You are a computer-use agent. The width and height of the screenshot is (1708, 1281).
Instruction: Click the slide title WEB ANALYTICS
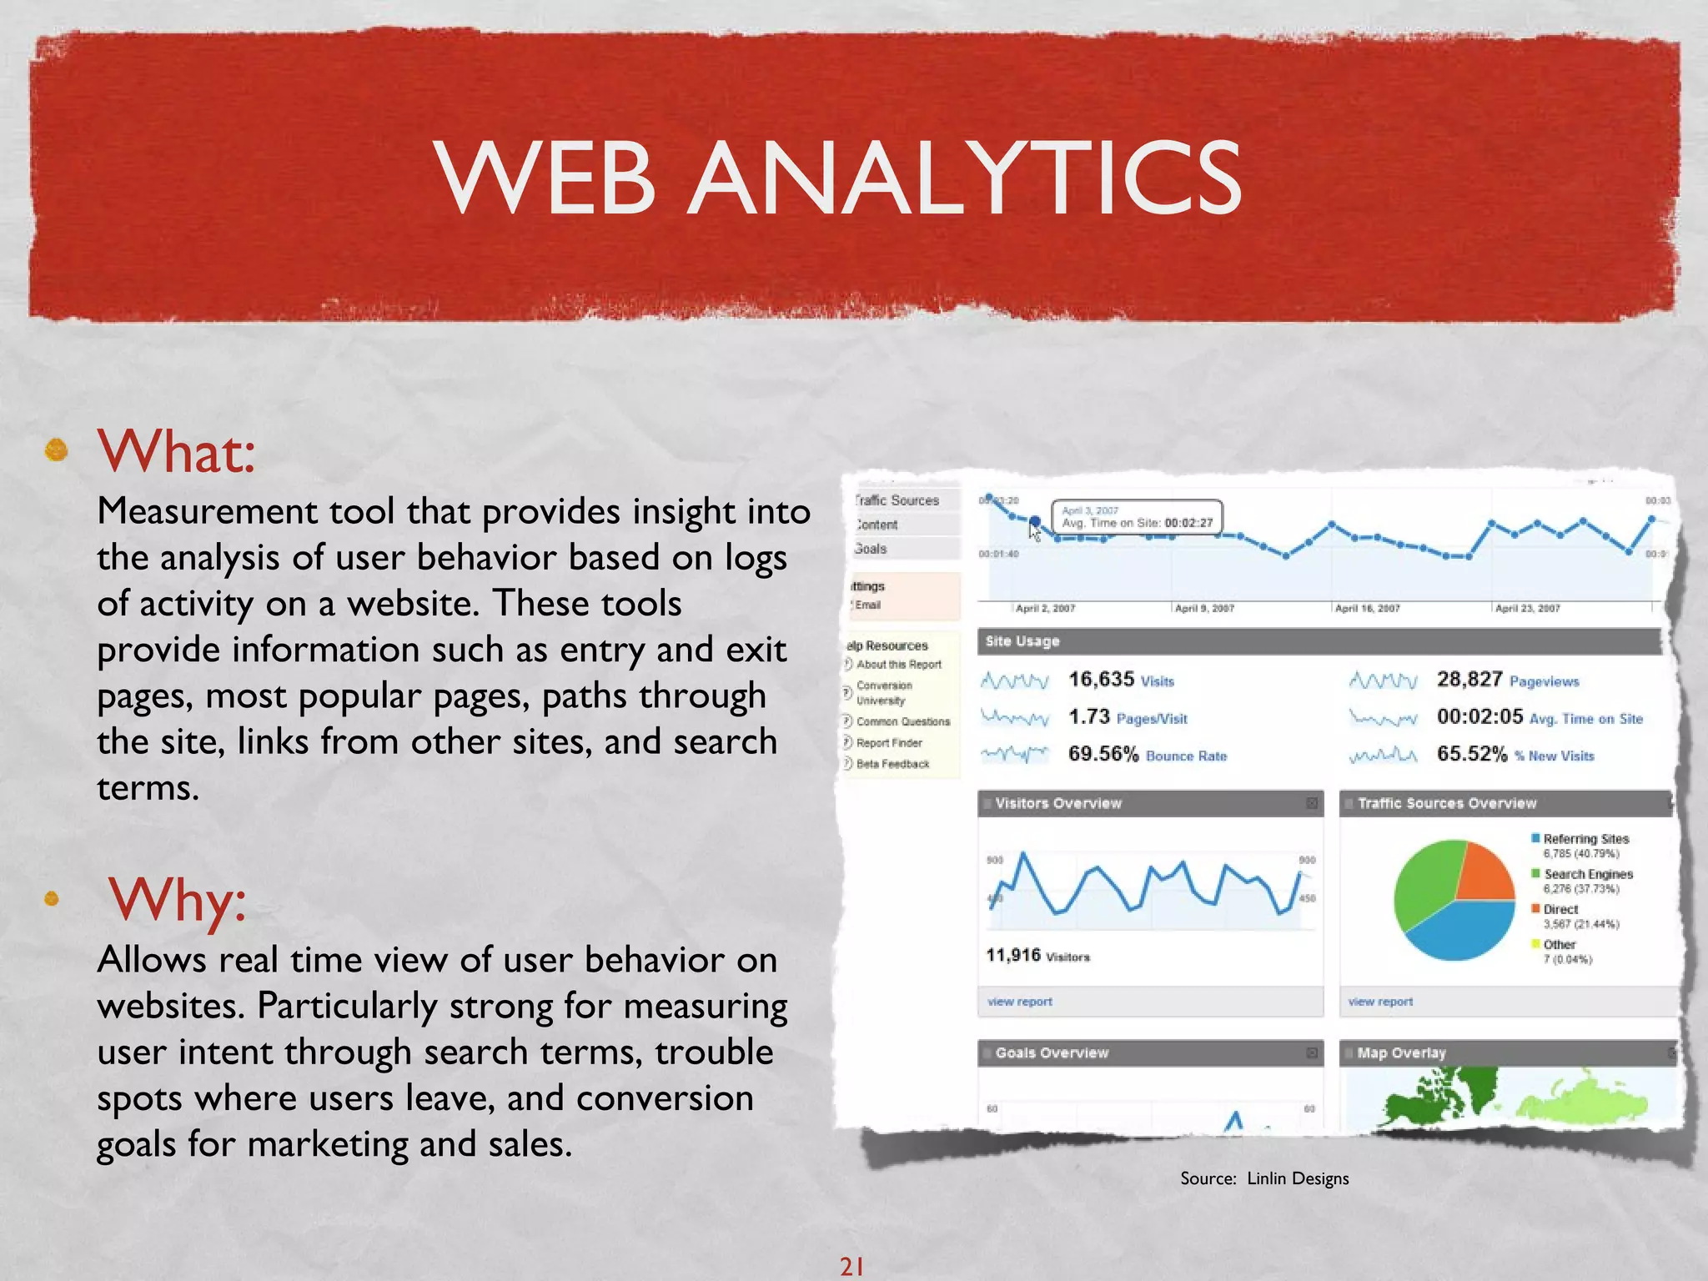pos(838,178)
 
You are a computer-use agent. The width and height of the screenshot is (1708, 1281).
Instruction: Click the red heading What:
pos(176,451)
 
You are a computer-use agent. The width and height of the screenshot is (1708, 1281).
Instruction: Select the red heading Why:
pos(177,901)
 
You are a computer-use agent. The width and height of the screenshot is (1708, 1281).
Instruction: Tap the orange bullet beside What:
pos(57,450)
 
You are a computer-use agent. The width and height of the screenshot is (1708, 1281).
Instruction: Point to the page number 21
pos(851,1266)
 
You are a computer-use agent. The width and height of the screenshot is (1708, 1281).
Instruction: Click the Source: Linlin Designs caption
pos(1263,1178)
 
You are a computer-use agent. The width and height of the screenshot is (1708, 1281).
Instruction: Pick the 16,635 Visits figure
pos(1120,680)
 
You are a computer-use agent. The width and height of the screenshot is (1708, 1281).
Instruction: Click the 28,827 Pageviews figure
pos(1506,680)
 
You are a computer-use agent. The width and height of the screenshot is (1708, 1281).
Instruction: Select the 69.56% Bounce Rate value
pos(1147,755)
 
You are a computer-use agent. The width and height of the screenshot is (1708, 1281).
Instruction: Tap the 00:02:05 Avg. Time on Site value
pos(1539,717)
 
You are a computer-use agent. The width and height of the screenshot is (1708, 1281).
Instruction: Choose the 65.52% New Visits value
pos(1515,755)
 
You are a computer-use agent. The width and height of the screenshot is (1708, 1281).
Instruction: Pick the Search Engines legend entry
pos(1587,874)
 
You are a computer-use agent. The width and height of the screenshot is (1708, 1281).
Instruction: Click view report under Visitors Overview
pos(1020,1002)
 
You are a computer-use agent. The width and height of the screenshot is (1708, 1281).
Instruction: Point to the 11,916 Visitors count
pos(1037,956)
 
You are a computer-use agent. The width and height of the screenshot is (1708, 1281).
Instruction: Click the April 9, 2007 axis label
pos(1204,609)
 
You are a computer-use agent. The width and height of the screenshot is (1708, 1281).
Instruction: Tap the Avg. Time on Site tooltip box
pos(1137,517)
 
